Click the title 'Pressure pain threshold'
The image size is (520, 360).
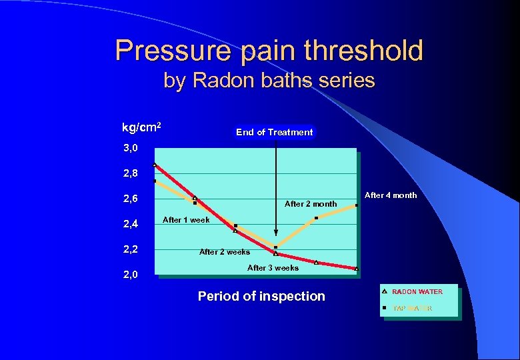(x=269, y=50)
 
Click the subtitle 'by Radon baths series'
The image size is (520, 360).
(x=269, y=81)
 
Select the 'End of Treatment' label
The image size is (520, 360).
(x=274, y=132)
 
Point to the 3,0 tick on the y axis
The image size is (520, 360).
(x=130, y=148)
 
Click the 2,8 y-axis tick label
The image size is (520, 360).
(x=130, y=173)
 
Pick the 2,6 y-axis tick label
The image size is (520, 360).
(x=130, y=199)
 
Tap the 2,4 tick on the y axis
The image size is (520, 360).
(x=130, y=225)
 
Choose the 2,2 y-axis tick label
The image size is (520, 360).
(x=130, y=250)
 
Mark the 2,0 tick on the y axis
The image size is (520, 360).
(x=130, y=275)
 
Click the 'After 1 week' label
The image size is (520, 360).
(x=186, y=220)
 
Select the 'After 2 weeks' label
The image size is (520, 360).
(x=225, y=252)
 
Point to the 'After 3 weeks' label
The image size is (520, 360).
(x=273, y=268)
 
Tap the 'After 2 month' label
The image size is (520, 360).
(x=311, y=204)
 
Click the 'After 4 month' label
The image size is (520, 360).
(x=391, y=195)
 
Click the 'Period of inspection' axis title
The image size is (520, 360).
(x=261, y=296)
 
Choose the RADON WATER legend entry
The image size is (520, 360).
(x=417, y=292)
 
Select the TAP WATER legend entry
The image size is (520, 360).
(x=412, y=308)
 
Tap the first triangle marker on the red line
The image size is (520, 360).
(x=155, y=164)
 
